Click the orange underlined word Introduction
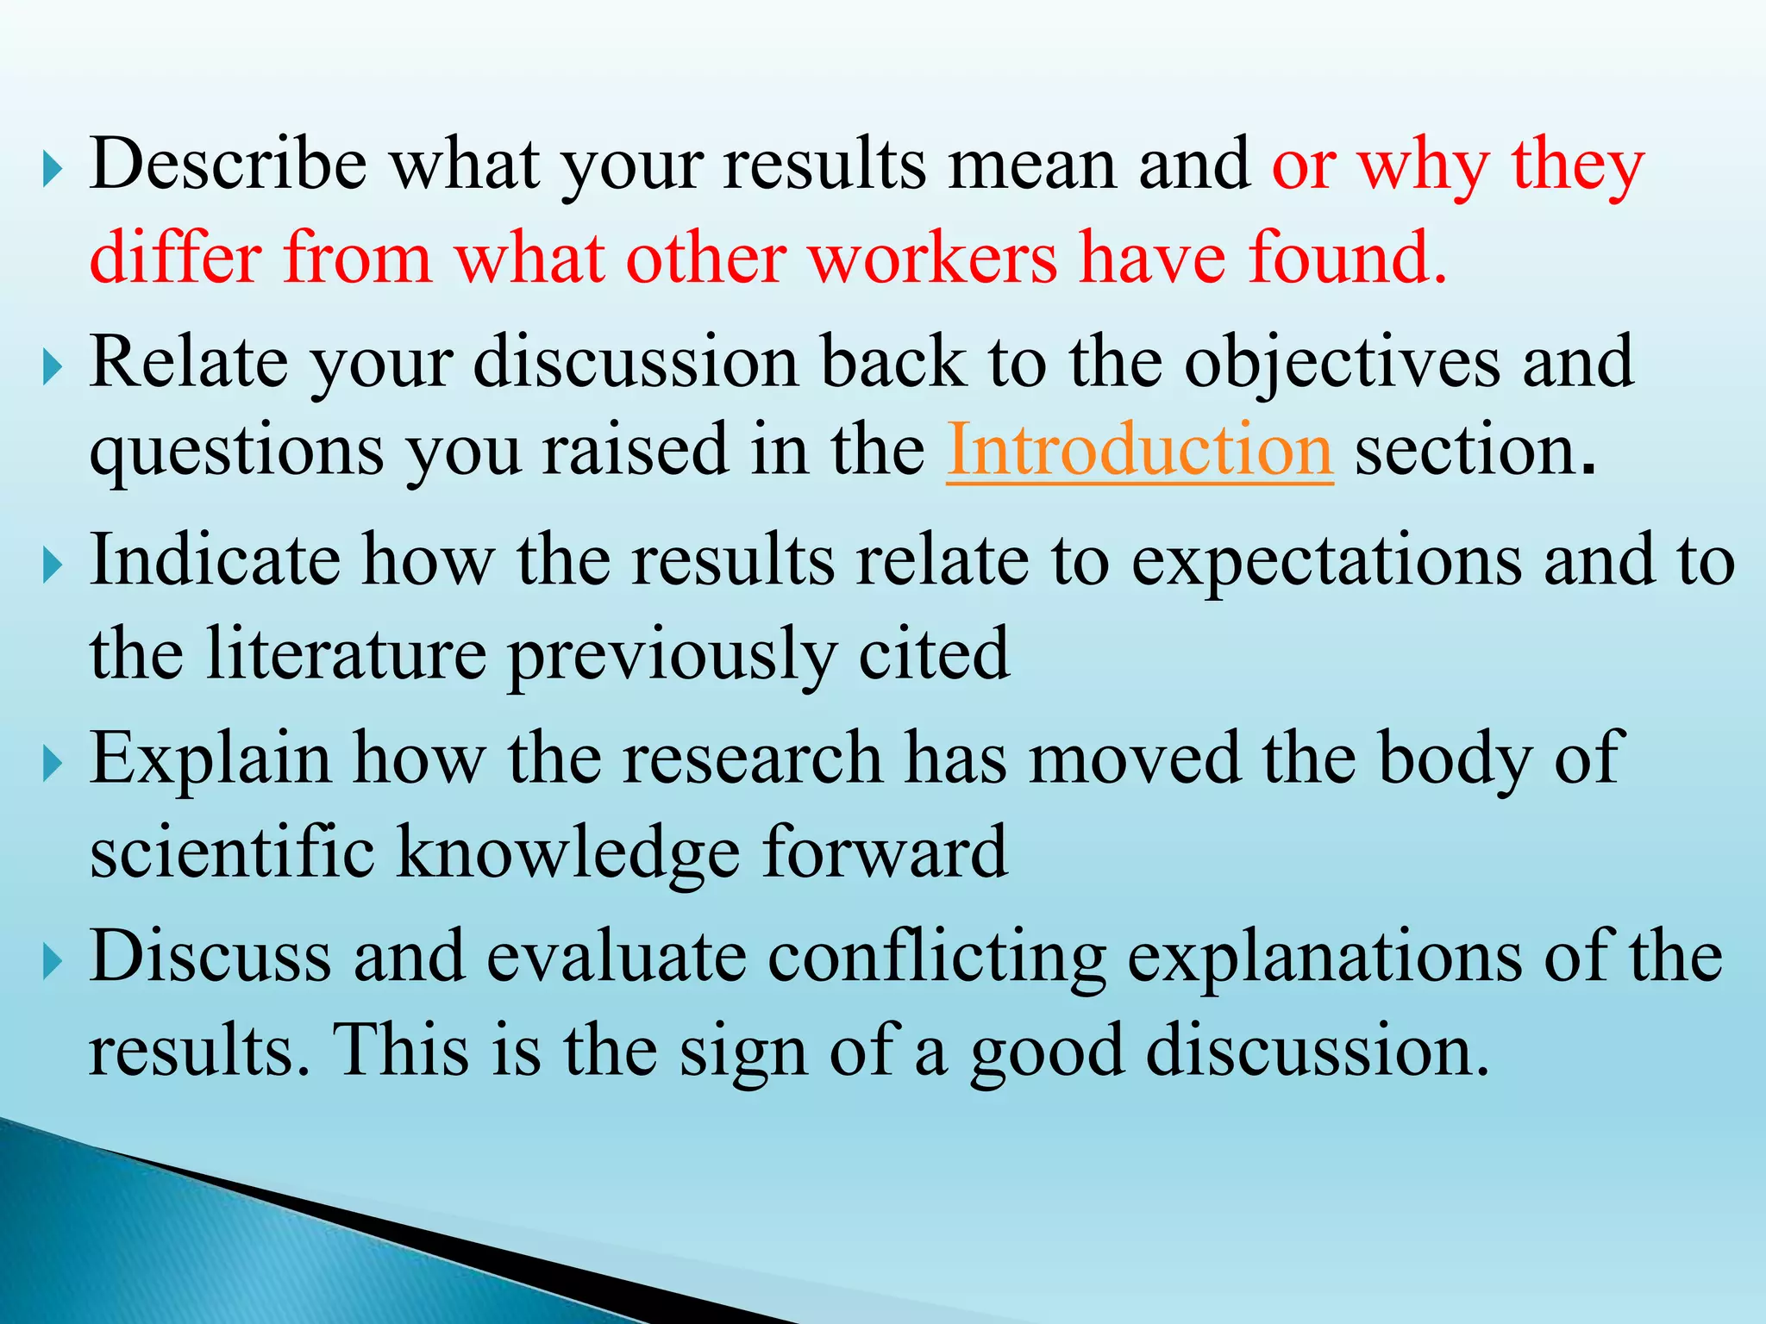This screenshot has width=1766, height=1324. (1139, 450)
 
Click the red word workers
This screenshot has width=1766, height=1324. (933, 258)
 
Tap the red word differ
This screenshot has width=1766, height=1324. (175, 258)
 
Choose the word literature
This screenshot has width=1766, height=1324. (347, 653)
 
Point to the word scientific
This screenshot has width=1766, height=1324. (232, 852)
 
